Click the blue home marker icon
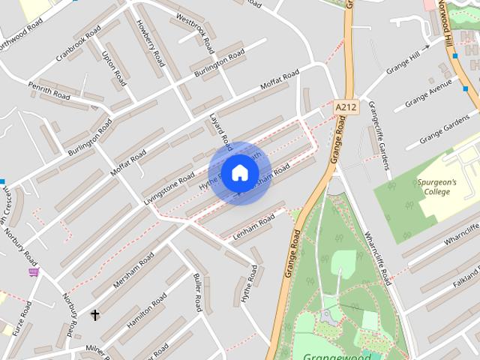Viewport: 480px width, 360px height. pos(239,172)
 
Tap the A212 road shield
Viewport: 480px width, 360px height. pos(346,107)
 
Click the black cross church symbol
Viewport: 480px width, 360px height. pos(94,315)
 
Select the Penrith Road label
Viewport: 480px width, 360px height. pos(49,91)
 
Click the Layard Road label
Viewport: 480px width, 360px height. pos(218,130)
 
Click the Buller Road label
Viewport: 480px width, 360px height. pos(197,292)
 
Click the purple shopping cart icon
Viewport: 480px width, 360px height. pos(33,271)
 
